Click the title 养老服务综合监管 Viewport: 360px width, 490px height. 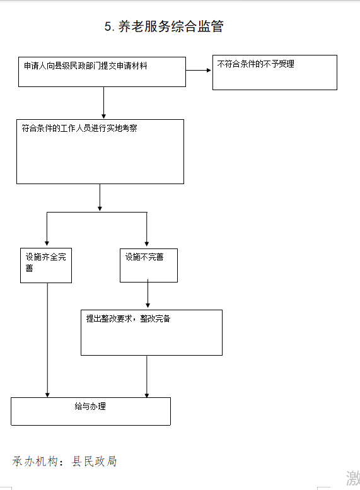[171, 26]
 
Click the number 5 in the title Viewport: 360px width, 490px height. [108, 26]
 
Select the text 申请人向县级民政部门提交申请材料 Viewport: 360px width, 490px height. [86, 66]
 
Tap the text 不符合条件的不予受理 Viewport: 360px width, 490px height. [255, 64]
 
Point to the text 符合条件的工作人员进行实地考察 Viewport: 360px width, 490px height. [79, 128]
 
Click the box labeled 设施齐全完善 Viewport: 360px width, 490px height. [46, 265]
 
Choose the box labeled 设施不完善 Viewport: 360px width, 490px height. [149, 265]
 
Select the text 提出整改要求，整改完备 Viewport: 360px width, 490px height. [128, 318]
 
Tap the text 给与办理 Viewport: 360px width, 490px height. [90, 406]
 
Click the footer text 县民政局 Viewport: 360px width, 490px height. [95, 461]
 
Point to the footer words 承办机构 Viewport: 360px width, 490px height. [35, 461]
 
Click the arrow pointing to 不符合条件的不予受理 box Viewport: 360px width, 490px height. [199, 70]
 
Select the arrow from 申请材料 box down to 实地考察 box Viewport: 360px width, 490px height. [104, 103]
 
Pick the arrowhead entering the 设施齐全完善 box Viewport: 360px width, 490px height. [47, 243]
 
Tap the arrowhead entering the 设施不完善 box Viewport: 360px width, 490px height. [146, 244]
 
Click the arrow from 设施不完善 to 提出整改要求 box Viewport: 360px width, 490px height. [148, 293]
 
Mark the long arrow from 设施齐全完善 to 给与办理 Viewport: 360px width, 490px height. [47, 341]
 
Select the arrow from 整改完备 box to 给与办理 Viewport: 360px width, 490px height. [146, 376]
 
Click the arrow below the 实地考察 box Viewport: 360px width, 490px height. [100, 197]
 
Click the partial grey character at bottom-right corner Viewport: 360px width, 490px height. [353, 478]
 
